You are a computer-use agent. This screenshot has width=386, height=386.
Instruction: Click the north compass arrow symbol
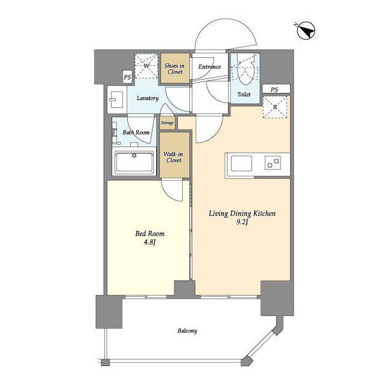point(305,31)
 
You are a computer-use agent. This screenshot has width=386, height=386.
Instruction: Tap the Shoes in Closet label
point(174,69)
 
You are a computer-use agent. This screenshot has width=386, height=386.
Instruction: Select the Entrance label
point(209,67)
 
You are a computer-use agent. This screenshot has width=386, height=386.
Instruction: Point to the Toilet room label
point(244,94)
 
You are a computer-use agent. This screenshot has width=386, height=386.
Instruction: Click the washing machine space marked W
point(146,66)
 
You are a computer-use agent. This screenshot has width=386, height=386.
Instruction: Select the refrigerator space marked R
point(275,107)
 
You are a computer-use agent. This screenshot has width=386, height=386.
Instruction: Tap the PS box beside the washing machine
point(127,77)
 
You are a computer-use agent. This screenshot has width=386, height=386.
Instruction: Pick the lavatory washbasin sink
point(116,100)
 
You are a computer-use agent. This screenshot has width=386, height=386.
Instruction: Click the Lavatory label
point(147,98)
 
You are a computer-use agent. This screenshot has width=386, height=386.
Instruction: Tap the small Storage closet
point(167,122)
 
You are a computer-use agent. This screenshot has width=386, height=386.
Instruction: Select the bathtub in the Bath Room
point(134,162)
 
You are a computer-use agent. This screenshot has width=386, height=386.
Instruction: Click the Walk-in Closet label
point(173,157)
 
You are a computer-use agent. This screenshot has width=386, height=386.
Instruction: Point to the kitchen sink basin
point(241,163)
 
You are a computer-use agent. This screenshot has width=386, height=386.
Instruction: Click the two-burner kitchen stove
point(273,163)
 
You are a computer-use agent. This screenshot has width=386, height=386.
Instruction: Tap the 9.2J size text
point(242,223)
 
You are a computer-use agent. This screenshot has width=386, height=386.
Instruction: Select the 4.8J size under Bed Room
point(150,242)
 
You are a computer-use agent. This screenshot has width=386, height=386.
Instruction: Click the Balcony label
point(188,331)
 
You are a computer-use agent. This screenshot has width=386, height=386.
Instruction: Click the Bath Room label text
point(136,133)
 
